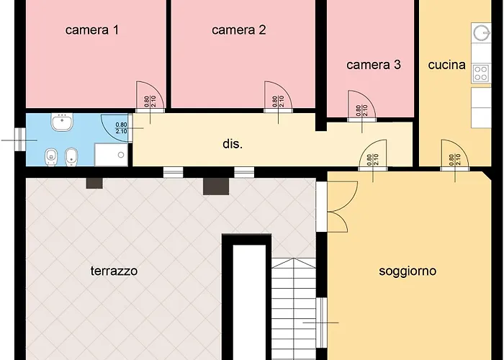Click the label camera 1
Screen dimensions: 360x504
[92, 30]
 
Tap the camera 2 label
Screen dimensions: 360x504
[239, 30]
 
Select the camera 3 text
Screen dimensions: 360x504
[373, 65]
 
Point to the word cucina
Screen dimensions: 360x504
[446, 65]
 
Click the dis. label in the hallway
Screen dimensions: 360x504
[233, 144]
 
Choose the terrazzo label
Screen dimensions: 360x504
[114, 271]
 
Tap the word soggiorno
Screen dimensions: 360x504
[408, 271]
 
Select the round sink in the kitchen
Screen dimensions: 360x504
[481, 32]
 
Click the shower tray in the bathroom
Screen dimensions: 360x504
[112, 153]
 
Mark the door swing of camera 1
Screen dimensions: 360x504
[151, 97]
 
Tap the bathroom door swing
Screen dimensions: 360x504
[117, 128]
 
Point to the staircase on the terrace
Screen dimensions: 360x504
[294, 310]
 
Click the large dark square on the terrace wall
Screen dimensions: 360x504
[215, 186]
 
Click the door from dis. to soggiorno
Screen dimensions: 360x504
[372, 156]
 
